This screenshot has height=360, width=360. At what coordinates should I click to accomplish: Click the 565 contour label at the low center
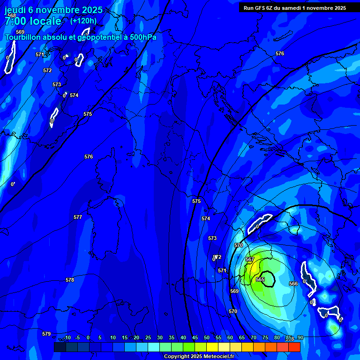260,279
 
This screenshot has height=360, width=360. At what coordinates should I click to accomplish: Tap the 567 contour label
250,259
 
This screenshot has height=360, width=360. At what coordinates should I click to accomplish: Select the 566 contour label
293,284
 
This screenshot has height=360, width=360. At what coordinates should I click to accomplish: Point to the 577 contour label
78,217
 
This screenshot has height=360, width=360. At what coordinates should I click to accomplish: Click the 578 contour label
70,280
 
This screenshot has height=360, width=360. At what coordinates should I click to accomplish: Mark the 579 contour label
46,334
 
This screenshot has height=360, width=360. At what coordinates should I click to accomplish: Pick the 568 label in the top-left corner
12,15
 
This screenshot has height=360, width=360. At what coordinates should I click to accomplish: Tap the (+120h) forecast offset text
83,21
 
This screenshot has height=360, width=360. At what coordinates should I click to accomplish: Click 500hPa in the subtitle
142,37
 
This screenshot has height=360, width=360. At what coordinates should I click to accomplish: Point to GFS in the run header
262,8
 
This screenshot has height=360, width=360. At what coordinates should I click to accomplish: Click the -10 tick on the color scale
67,337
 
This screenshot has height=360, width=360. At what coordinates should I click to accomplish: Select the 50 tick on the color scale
207,337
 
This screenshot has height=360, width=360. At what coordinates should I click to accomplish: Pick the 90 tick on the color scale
300,337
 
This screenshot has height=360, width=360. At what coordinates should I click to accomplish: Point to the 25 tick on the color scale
148,337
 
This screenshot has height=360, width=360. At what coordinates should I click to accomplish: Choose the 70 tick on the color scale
254,337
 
